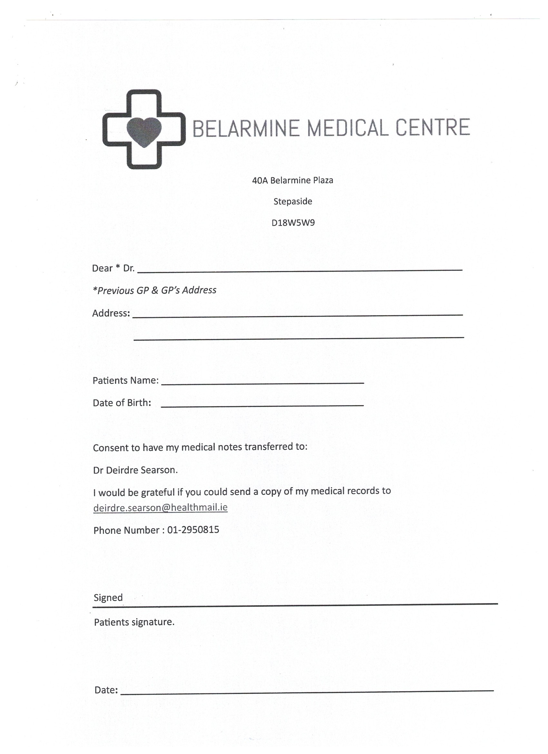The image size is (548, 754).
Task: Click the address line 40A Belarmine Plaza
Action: [292, 181]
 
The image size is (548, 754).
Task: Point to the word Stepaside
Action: [292, 202]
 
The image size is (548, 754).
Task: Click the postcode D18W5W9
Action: [293, 223]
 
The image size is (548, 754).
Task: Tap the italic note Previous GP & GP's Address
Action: [154, 291]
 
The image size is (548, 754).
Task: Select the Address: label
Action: [111, 313]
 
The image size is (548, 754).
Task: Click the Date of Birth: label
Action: [122, 403]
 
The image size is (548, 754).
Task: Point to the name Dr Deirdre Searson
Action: [135, 470]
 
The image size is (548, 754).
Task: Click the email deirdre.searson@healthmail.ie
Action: [160, 508]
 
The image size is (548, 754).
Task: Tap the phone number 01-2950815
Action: [193, 530]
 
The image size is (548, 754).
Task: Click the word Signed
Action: [108, 598]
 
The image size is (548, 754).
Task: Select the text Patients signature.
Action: [134, 622]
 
